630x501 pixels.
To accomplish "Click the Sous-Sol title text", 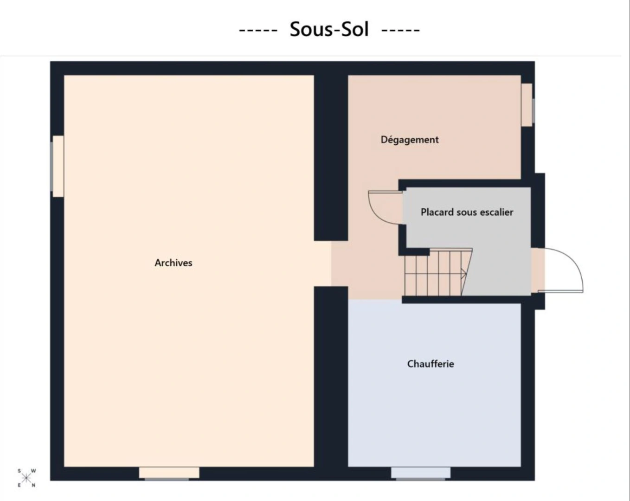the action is (329, 29).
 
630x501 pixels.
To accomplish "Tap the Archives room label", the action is (174, 263).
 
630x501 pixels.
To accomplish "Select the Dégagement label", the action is (410, 140).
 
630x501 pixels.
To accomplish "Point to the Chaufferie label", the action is (431, 364).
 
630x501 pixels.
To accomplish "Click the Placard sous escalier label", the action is (467, 212).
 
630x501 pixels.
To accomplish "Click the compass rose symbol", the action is (26, 478).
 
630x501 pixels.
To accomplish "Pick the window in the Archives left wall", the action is (58, 167).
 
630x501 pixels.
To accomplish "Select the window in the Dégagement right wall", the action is (527, 105).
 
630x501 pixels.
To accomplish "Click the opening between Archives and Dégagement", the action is (331, 263).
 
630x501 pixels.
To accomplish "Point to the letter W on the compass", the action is (33, 471).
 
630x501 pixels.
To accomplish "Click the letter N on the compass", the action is (34, 485).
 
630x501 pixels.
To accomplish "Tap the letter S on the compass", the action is (19, 471).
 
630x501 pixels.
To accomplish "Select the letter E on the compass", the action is (19, 485).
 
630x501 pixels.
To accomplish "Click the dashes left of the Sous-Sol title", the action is (258, 30).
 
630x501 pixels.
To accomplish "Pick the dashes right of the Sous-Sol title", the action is (401, 30).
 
